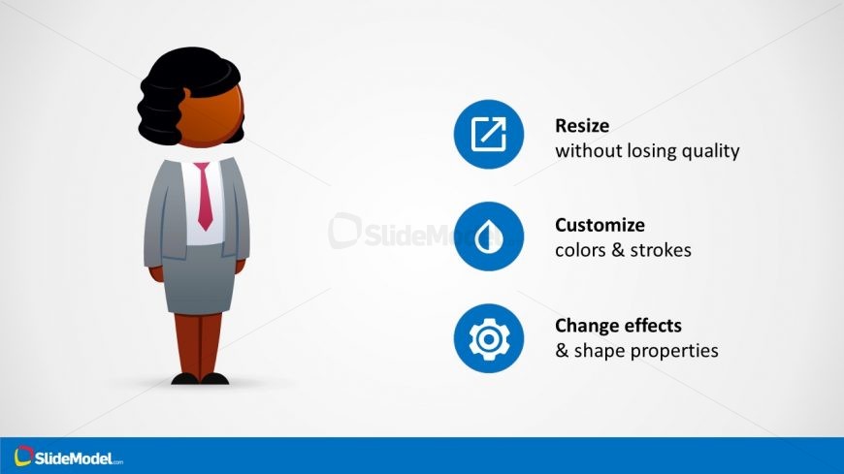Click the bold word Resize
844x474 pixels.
tap(582, 126)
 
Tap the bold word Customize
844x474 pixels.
tap(600, 225)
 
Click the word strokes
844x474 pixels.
tap(661, 250)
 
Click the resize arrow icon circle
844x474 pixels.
tap(489, 134)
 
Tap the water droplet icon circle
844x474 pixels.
tap(489, 237)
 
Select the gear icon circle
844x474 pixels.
tap(489, 338)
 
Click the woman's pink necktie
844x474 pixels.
tap(204, 197)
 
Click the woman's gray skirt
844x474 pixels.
tap(200, 280)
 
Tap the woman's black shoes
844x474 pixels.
tap(200, 379)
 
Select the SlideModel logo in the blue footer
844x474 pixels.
tap(68, 457)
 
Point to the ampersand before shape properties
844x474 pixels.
tap(562, 351)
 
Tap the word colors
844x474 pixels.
tap(581, 251)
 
